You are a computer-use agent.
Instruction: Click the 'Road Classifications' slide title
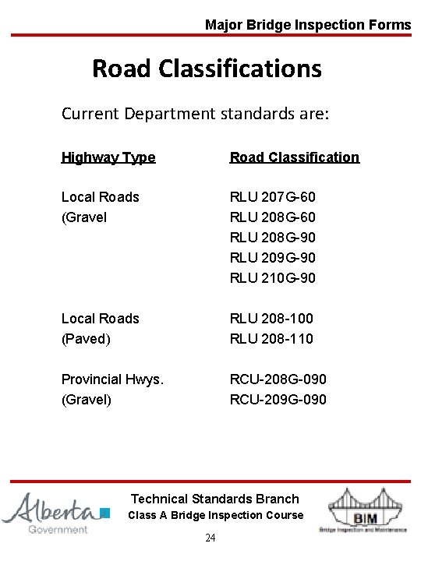click(x=207, y=69)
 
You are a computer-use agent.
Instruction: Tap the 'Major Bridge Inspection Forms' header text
click(x=308, y=25)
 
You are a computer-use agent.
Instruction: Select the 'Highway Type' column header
click(x=108, y=157)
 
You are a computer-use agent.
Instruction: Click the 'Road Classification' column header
click(x=294, y=157)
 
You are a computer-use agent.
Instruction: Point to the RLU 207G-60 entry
click(x=272, y=197)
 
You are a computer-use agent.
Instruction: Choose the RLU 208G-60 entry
click(x=272, y=217)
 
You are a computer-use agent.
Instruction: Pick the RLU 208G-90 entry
click(x=272, y=238)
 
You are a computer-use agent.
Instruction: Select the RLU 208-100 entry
click(x=271, y=319)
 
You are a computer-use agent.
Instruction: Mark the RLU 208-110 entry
click(x=271, y=339)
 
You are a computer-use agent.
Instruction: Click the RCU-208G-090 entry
click(x=278, y=379)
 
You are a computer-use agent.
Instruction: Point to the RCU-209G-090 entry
click(x=278, y=400)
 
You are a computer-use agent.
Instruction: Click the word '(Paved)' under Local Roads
click(x=86, y=339)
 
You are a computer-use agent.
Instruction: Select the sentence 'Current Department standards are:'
click(x=196, y=114)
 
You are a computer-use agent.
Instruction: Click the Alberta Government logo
click(x=55, y=512)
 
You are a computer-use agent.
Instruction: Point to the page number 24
click(x=210, y=538)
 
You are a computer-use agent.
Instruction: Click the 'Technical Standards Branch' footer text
click(x=214, y=499)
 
